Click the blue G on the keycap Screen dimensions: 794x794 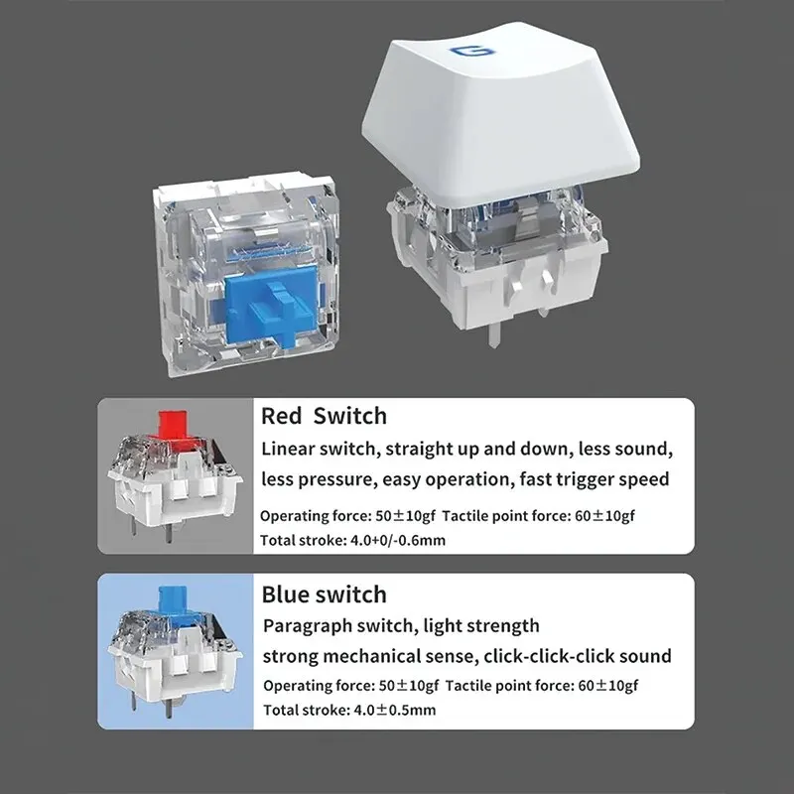[x=471, y=51]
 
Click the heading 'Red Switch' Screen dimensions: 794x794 [x=325, y=416]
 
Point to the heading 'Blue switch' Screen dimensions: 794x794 [x=325, y=594]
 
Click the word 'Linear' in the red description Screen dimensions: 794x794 [x=288, y=449]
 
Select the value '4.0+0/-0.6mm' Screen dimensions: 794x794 [x=398, y=540]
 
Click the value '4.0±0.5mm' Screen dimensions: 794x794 [x=394, y=710]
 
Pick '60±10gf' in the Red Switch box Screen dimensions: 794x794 [x=604, y=516]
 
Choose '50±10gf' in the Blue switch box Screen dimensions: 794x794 [x=409, y=686]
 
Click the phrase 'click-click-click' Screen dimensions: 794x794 [x=549, y=656]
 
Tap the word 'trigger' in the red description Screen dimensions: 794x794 [x=590, y=479]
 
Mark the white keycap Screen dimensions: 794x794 [x=500, y=113]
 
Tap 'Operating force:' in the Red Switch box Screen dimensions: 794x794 [x=316, y=516]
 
